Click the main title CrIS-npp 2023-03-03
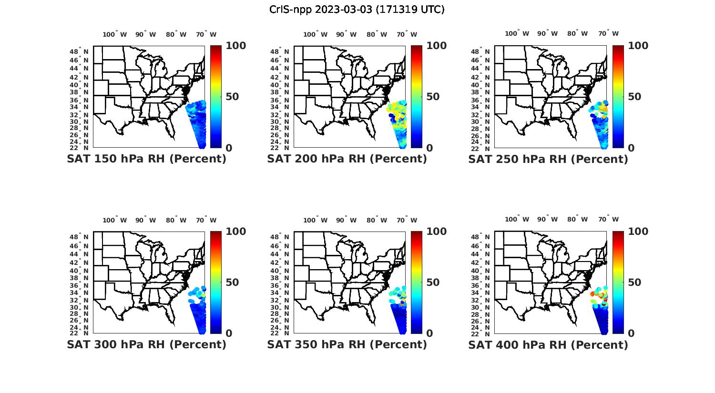click(x=357, y=10)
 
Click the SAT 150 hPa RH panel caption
click(x=146, y=159)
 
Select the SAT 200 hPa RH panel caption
click(x=347, y=159)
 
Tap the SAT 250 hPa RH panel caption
click(x=548, y=159)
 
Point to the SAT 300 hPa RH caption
click(x=146, y=344)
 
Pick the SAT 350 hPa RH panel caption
click(x=347, y=344)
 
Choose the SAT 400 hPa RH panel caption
click(x=548, y=344)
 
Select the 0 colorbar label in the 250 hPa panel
click(x=632, y=148)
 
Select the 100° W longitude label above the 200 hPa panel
click(x=315, y=34)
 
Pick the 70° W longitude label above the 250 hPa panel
click(x=608, y=33)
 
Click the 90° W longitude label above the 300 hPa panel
click(x=145, y=220)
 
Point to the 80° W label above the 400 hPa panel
click(x=577, y=219)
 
